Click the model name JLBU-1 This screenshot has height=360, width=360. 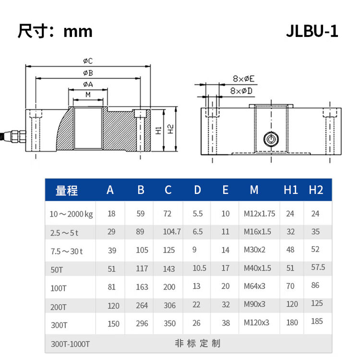click(x=312, y=31)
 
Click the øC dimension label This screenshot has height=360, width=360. click(x=87, y=61)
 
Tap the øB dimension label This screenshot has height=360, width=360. click(x=87, y=73)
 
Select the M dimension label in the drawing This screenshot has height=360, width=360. click(x=88, y=95)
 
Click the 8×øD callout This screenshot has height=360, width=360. click(x=243, y=90)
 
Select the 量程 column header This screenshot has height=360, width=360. click(x=67, y=190)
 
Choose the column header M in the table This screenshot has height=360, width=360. click(x=254, y=190)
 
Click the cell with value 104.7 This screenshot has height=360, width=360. click(x=172, y=232)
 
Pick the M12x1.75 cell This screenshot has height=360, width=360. click(x=259, y=214)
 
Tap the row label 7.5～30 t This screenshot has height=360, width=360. click(x=66, y=251)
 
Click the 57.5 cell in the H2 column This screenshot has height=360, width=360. click(x=318, y=267)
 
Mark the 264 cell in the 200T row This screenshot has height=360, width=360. click(x=142, y=305)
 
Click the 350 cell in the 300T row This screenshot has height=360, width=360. click(x=169, y=324)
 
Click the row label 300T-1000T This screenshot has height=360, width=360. click(x=70, y=344)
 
